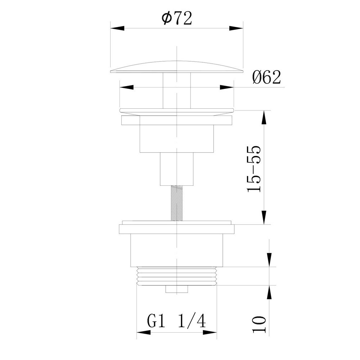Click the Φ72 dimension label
click(177, 18)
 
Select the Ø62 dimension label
click(266, 77)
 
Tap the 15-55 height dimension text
click(254, 169)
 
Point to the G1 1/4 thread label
click(176, 321)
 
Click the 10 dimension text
click(259, 324)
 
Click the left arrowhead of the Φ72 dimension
click(117, 28)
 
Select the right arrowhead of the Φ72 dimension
click(236, 28)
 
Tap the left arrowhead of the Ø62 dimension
click(126, 87)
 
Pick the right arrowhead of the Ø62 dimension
click(227, 87)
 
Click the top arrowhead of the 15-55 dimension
click(264, 117)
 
